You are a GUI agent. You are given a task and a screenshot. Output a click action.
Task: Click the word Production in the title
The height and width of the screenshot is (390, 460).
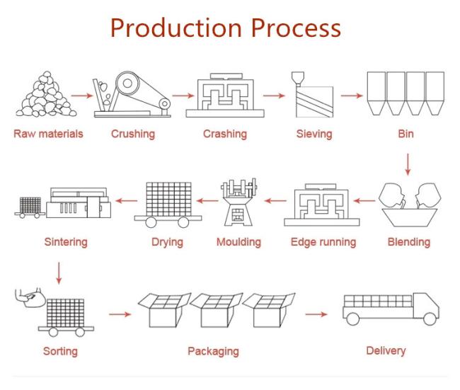pyautogui.click(x=176, y=28)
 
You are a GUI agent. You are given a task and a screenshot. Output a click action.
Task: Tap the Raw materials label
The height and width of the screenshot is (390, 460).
pyautogui.click(x=48, y=134)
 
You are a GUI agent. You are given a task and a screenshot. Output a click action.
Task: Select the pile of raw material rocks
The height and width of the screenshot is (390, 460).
pyautogui.click(x=46, y=94)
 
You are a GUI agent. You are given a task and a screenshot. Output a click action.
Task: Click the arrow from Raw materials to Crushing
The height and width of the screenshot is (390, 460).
pyautogui.click(x=82, y=96)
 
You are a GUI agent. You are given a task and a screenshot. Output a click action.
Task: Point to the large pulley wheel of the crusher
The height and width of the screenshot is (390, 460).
pyautogui.click(x=128, y=84)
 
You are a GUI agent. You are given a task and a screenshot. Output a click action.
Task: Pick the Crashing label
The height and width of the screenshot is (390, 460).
pyautogui.click(x=225, y=134)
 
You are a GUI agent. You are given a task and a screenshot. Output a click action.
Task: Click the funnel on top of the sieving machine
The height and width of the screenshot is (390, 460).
pyautogui.click(x=297, y=79)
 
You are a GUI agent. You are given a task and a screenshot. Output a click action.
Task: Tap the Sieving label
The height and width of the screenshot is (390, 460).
pyautogui.click(x=314, y=134)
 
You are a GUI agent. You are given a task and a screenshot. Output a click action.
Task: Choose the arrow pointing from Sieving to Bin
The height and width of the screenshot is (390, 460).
pyautogui.click(x=352, y=96)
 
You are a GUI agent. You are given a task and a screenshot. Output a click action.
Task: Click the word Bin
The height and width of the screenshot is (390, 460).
pyautogui.click(x=406, y=134)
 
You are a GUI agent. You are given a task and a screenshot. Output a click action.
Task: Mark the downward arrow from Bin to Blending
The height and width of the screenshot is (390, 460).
pyautogui.click(x=408, y=164)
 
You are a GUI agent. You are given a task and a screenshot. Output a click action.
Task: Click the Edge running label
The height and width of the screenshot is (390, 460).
pyautogui.click(x=323, y=242)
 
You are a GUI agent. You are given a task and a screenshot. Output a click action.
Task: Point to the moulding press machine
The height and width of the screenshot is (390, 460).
pyautogui.click(x=238, y=202)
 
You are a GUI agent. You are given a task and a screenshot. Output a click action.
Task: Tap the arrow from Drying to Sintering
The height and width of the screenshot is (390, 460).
pyautogui.click(x=127, y=201)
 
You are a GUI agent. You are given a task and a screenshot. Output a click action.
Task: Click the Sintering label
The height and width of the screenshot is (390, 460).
pyautogui.click(x=66, y=242)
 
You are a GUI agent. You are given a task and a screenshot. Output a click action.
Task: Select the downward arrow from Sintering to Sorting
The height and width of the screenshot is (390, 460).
pyautogui.click(x=59, y=273)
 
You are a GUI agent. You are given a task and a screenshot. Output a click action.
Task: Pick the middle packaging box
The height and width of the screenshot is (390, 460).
pyautogui.click(x=217, y=310)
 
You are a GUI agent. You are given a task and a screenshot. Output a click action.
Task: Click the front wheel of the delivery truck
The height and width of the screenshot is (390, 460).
pyautogui.click(x=430, y=319)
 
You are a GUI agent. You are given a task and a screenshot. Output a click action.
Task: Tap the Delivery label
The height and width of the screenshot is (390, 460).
pyautogui.click(x=386, y=350)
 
